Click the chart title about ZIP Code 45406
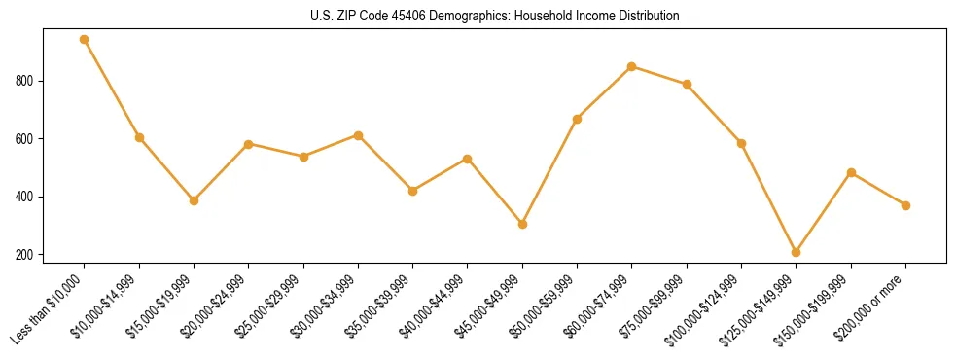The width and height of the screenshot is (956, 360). (495, 17)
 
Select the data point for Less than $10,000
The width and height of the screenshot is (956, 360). (85, 40)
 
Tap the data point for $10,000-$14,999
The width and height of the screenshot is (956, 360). (139, 137)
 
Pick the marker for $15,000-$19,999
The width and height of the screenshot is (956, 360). (194, 200)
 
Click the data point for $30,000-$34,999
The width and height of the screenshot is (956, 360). (358, 135)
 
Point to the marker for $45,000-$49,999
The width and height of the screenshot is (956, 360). (522, 224)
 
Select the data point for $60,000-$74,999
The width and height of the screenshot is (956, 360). (632, 66)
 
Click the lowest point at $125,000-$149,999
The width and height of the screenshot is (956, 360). (796, 252)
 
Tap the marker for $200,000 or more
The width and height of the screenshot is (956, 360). (905, 205)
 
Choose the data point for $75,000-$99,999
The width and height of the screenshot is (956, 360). (687, 84)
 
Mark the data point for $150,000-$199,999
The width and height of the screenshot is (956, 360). (851, 172)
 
